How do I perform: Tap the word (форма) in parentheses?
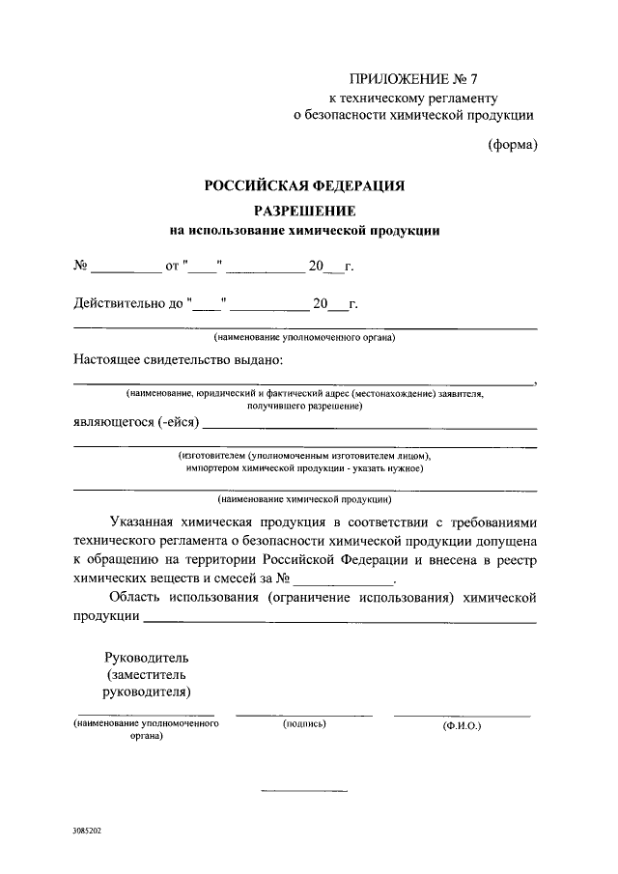coord(511,146)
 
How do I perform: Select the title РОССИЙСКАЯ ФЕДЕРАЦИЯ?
coord(304,185)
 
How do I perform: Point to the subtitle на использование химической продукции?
coord(304,231)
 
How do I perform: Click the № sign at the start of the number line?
coord(82,265)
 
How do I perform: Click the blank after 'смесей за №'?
coord(345,581)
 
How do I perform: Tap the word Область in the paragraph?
coord(134,599)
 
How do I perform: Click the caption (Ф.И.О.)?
coord(462,724)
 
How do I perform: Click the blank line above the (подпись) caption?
coord(304,715)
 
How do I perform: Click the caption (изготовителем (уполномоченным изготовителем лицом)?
coord(304,455)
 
